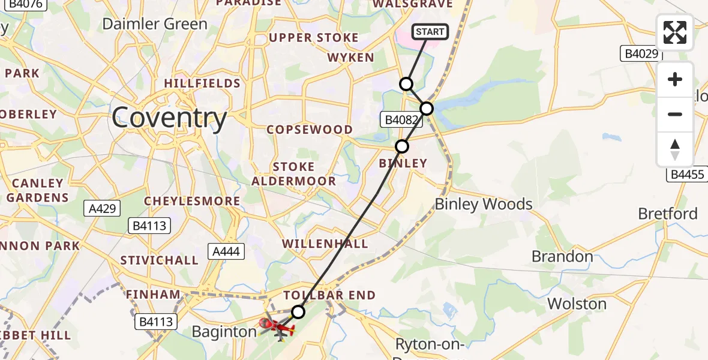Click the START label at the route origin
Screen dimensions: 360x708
tap(430, 32)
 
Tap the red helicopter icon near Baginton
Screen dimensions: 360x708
tap(277, 328)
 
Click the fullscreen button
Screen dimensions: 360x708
tap(675, 32)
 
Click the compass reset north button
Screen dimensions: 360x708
tap(675, 148)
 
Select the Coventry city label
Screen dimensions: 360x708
tap(169, 118)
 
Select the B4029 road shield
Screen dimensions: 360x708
tap(640, 54)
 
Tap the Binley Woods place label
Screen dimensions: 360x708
tap(484, 204)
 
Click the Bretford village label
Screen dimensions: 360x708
tap(668, 214)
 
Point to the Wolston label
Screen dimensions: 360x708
tap(577, 304)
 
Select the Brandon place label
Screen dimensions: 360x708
tap(562, 257)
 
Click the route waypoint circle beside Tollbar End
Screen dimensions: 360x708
tap(298, 311)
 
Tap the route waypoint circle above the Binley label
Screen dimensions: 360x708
tap(402, 146)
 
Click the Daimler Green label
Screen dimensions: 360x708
tap(155, 24)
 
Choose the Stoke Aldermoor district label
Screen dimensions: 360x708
tap(293, 174)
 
